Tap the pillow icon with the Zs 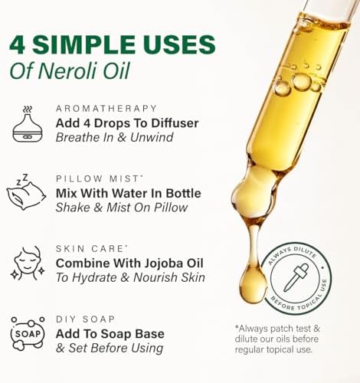tap(26, 192)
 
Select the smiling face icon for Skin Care tap(28, 264)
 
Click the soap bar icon tap(28, 333)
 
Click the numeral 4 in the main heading tap(18, 44)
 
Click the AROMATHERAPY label tap(106, 109)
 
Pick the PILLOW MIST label tap(97, 178)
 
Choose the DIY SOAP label tap(85, 319)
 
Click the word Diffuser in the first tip tap(175, 123)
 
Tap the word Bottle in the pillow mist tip tap(183, 193)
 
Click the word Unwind tap(152, 137)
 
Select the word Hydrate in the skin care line tap(94, 277)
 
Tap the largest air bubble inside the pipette tap(302, 82)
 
